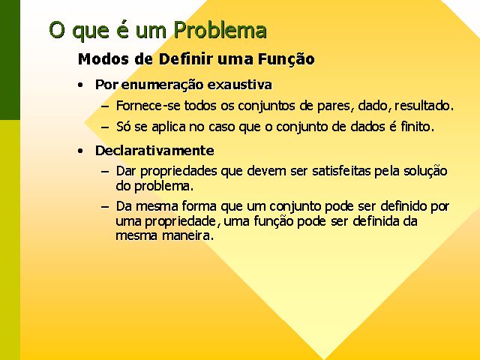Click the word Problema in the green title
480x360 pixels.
tap(220, 31)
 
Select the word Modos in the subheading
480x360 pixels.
tap(103, 58)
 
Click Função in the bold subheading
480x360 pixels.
tap(286, 58)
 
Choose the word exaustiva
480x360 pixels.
tap(239, 85)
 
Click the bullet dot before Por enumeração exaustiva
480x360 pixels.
tap(80, 85)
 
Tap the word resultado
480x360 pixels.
tap(424, 106)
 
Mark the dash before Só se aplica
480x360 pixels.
tap(105, 127)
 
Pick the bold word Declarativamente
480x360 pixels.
tap(154, 151)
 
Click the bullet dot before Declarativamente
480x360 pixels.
tap(80, 151)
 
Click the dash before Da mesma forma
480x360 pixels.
tap(105, 207)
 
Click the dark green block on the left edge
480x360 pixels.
tap(10, 60)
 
